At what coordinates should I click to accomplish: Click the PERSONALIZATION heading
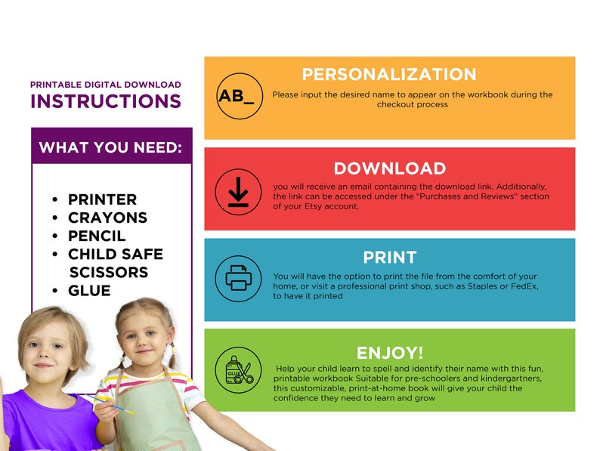tap(389, 74)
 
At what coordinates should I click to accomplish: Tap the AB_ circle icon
tap(239, 96)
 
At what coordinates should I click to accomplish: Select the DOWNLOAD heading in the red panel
tap(389, 168)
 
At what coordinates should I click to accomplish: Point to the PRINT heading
tap(389, 257)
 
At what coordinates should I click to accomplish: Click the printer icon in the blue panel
tap(238, 279)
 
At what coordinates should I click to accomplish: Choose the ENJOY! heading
tap(389, 352)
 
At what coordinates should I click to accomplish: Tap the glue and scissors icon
tap(238, 370)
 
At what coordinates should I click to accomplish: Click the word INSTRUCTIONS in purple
tap(106, 101)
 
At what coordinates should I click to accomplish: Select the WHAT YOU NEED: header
tap(110, 147)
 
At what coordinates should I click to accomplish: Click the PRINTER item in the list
tap(102, 199)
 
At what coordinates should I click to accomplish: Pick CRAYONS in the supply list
tap(107, 218)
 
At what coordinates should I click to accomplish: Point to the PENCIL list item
tap(97, 236)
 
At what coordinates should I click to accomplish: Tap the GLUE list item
tap(89, 290)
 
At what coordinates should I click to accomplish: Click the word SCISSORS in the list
tap(108, 272)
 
